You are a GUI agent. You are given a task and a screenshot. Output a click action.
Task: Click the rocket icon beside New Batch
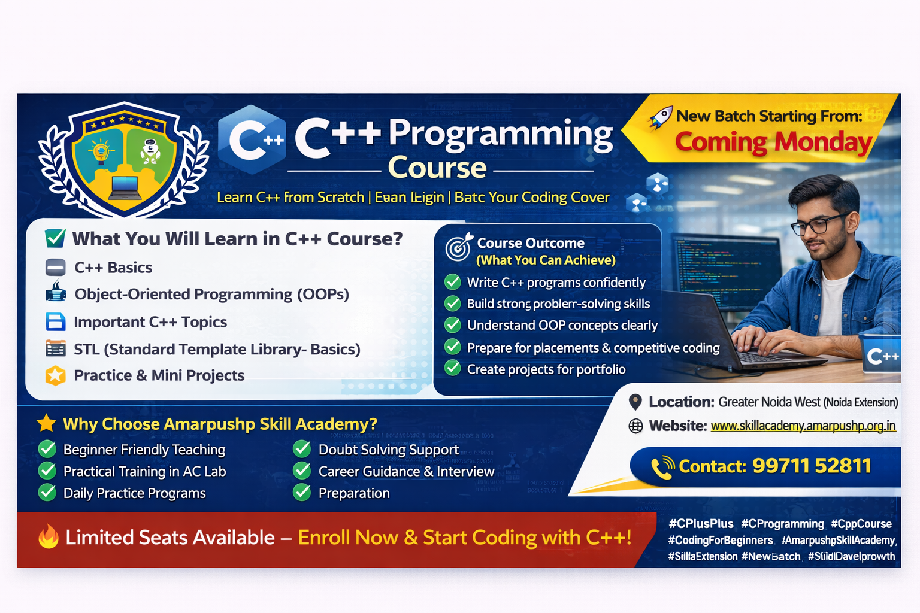(660, 117)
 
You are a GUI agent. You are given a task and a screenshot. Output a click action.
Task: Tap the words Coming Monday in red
(773, 142)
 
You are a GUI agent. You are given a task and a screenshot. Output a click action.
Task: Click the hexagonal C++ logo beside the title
(252, 139)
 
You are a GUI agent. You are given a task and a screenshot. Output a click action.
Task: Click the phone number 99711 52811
(812, 466)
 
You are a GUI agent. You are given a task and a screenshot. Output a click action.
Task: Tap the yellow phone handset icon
(662, 468)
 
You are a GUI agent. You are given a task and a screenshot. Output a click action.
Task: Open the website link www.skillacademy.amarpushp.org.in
(803, 426)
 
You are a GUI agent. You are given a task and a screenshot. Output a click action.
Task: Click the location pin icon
(635, 402)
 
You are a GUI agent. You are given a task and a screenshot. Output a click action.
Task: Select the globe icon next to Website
(635, 426)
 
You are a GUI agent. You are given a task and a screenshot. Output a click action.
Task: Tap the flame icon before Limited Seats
(49, 537)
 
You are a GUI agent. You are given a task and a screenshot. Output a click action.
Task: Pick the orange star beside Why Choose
(46, 424)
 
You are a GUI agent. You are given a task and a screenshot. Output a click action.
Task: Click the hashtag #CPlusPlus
(701, 524)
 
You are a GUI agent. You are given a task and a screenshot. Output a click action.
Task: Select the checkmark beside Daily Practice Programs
(47, 493)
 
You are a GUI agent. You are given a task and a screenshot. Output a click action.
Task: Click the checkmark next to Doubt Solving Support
(302, 449)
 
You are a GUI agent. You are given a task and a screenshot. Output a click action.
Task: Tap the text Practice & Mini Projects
(159, 375)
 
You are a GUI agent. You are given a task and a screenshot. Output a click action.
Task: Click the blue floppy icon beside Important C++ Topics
(56, 322)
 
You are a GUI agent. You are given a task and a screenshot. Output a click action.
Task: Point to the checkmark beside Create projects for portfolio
(453, 369)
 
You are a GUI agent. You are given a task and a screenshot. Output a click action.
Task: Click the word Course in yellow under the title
(437, 168)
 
